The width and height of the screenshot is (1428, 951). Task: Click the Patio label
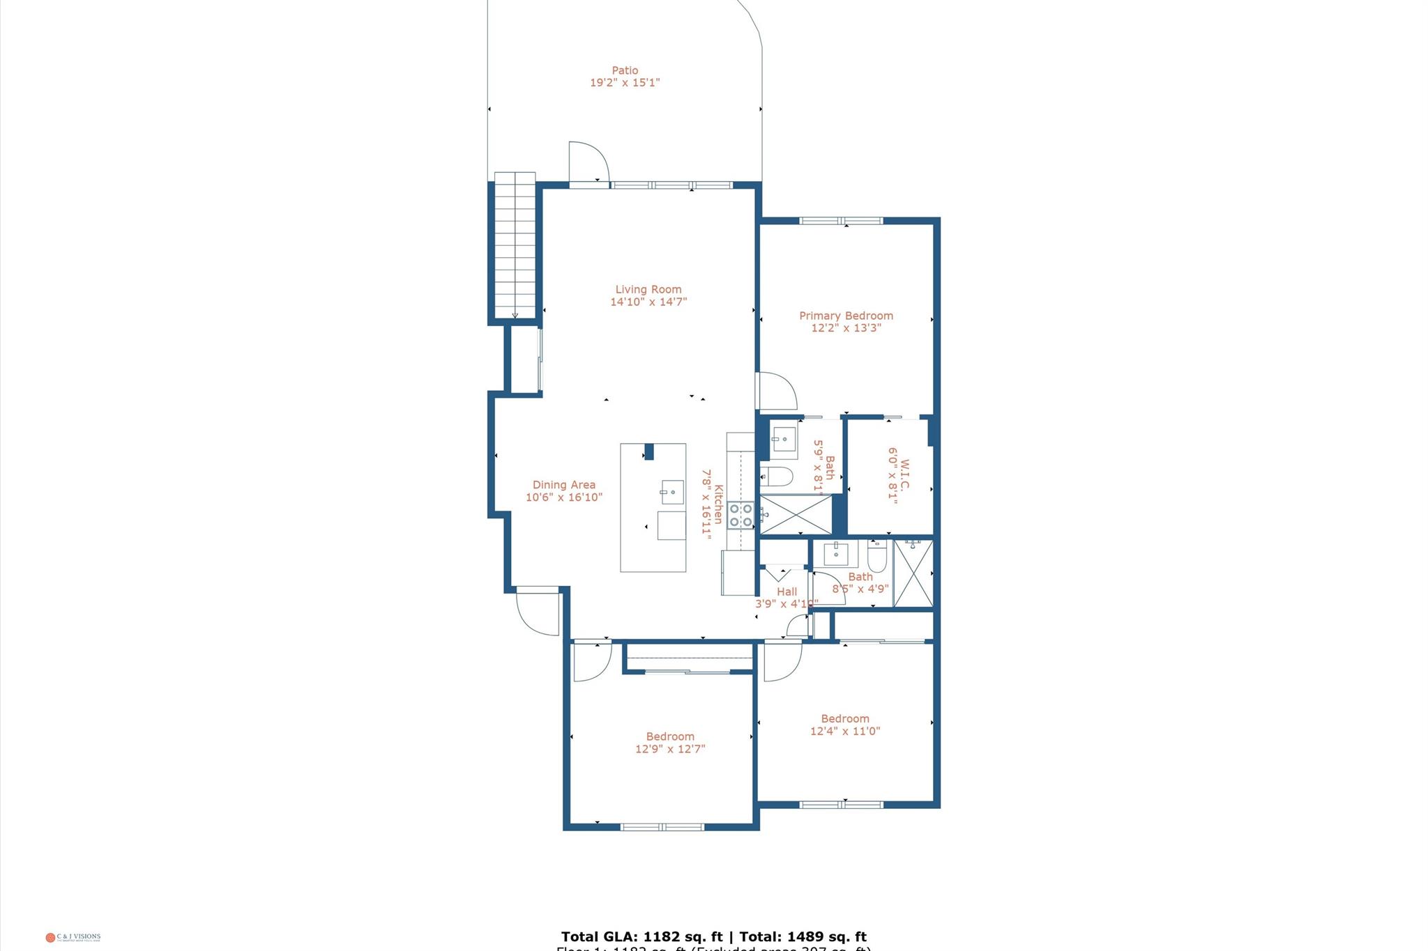click(625, 70)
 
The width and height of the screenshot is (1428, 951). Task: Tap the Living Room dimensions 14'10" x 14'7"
click(648, 302)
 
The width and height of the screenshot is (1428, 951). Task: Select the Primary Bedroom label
click(846, 316)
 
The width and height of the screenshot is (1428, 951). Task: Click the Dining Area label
click(563, 485)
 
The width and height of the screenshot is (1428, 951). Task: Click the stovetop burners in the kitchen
click(740, 516)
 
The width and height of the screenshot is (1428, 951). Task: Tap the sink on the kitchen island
click(672, 492)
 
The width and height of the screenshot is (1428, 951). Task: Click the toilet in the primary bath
click(778, 477)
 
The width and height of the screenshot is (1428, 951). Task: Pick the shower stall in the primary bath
click(796, 515)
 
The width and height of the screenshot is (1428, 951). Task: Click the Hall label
click(787, 592)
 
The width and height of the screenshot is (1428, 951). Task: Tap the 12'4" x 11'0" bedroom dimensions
click(845, 732)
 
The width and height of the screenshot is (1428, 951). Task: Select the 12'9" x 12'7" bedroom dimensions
click(670, 750)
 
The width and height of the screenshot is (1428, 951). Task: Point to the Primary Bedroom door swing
click(776, 392)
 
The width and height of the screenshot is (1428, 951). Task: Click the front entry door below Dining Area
click(538, 612)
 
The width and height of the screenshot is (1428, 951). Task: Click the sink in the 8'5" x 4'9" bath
click(836, 555)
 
